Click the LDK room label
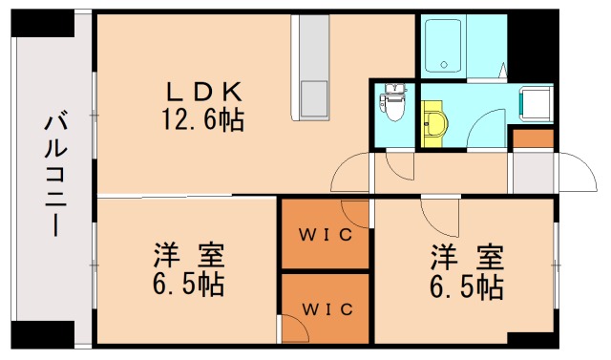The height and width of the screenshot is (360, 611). pyautogui.click(x=203, y=92)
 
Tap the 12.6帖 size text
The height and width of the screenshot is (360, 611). pyautogui.click(x=203, y=119)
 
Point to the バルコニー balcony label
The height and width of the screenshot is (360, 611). pyautogui.click(x=55, y=174)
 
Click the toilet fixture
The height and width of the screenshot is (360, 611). pyautogui.click(x=394, y=102)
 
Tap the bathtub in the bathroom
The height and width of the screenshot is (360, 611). pyautogui.click(x=443, y=46)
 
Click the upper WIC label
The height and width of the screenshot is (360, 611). pyautogui.click(x=326, y=235)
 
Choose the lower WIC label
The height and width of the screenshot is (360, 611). pyautogui.click(x=327, y=309)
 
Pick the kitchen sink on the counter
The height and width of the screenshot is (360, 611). pyautogui.click(x=314, y=98)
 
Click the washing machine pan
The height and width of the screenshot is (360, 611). pyautogui.click(x=537, y=101)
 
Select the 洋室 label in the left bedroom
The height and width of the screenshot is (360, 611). pyautogui.click(x=189, y=256)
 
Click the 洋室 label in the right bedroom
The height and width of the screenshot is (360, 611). pyautogui.click(x=467, y=257)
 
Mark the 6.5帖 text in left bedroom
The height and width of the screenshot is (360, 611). pyautogui.click(x=188, y=285)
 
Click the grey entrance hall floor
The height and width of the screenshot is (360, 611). pyautogui.click(x=533, y=172)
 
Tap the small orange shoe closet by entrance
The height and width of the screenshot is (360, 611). pyautogui.click(x=533, y=138)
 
